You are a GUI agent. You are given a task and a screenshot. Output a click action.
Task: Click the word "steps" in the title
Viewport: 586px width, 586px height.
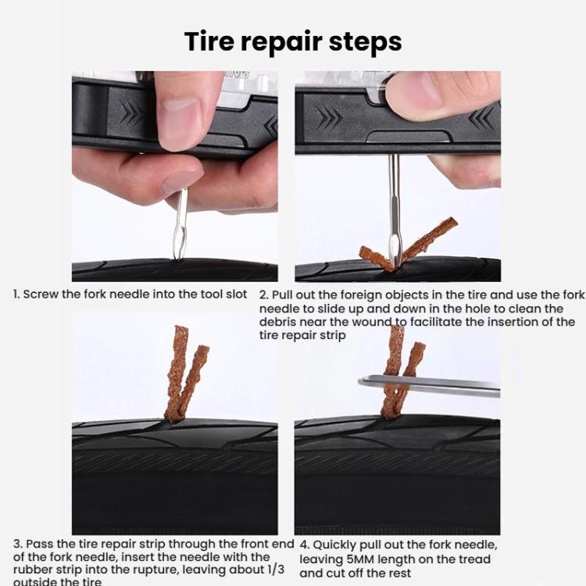click(x=365, y=43)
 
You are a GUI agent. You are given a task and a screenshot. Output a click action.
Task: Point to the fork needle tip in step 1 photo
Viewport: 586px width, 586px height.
click(x=180, y=257)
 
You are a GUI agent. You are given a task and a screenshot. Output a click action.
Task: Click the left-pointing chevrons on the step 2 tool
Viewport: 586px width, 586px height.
click(x=481, y=117)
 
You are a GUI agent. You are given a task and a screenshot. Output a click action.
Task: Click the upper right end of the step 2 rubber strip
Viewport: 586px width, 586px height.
click(x=452, y=221)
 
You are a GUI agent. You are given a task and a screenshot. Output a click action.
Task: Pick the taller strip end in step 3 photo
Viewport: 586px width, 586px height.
click(x=181, y=330)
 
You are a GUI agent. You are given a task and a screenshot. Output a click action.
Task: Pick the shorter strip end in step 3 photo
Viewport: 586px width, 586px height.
click(x=204, y=349)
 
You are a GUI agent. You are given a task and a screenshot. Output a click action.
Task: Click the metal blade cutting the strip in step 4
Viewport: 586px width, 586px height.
click(x=429, y=386)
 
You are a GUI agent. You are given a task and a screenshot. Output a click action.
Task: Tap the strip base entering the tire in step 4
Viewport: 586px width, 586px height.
click(x=390, y=414)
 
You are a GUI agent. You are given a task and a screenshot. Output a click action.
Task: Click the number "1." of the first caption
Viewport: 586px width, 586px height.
click(x=16, y=295)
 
